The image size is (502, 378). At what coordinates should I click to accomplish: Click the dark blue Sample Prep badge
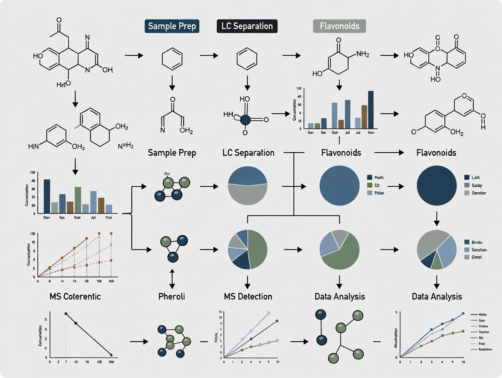click(172, 26)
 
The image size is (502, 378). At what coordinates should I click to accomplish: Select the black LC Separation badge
click(247, 26)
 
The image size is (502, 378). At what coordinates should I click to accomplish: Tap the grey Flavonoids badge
click(339, 26)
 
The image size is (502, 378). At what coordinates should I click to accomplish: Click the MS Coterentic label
click(75, 296)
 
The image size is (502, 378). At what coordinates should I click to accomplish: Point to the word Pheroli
click(172, 296)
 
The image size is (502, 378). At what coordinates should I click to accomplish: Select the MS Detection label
click(248, 296)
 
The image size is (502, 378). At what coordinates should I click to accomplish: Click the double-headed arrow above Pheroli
click(172, 276)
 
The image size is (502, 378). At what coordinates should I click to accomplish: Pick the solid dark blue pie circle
click(437, 186)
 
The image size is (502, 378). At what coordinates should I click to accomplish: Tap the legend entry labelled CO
click(376, 185)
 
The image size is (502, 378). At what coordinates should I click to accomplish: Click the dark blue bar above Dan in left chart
click(47, 196)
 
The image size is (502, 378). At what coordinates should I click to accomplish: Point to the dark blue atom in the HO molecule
click(246, 119)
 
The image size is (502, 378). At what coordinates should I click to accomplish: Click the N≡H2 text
click(125, 146)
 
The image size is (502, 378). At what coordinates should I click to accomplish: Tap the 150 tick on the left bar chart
click(32, 173)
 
